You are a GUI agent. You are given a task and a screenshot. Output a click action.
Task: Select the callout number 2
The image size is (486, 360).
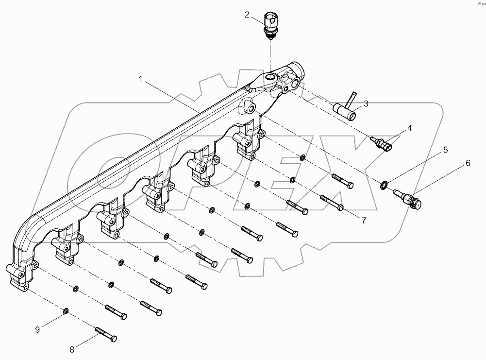click(247, 15)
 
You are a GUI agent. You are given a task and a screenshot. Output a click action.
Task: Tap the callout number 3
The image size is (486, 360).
click(366, 103)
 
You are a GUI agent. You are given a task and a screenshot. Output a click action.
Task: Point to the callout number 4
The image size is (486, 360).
click(409, 128)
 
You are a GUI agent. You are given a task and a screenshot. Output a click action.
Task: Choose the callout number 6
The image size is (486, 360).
click(468, 163)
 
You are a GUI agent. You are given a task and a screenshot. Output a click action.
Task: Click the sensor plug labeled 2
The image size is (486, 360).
click(271, 24)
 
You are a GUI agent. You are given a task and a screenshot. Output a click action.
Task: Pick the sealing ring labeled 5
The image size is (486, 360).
click(384, 184)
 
